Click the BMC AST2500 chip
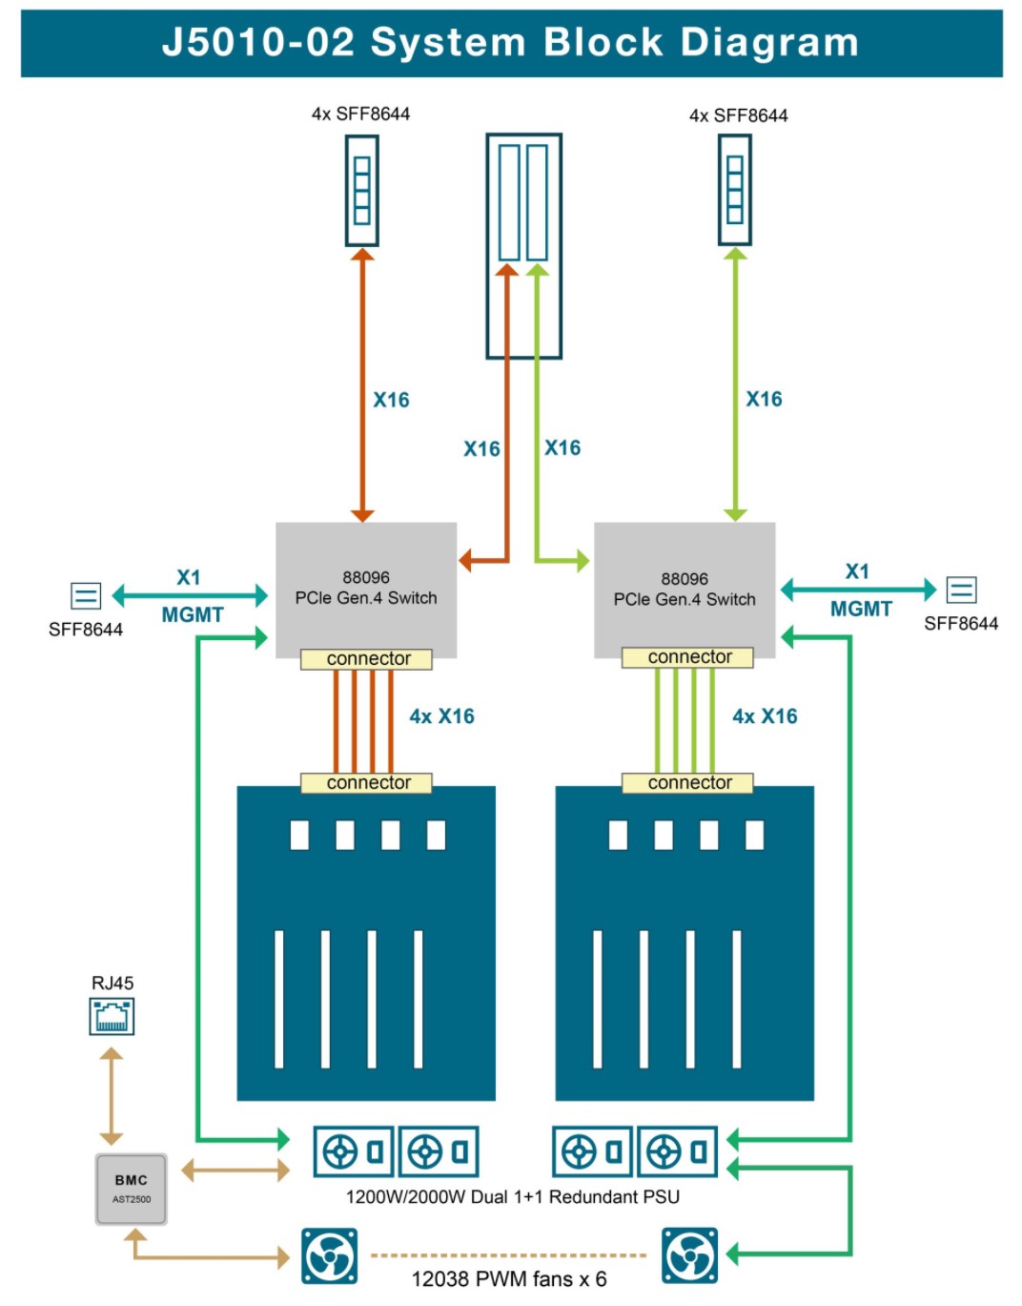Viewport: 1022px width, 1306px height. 131,1189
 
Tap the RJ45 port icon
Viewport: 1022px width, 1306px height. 112,1016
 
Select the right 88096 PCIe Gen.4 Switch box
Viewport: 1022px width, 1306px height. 685,588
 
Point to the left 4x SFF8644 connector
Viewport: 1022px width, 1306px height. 362,191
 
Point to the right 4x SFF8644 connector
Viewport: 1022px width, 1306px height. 735,191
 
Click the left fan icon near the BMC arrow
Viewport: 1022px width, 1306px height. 330,1256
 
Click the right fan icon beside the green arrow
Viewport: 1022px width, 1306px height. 689,1256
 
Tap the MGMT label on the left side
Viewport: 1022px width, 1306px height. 193,615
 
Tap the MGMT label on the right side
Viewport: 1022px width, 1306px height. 861,610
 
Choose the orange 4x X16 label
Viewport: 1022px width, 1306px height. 441,716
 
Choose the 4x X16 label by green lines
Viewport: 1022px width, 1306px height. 765,716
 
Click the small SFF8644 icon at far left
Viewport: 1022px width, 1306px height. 86,596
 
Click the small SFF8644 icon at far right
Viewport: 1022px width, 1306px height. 961,591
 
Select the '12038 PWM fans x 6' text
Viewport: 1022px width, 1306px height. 509,1279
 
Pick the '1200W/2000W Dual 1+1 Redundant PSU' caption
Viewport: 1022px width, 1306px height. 513,1197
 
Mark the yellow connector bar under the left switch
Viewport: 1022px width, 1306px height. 367,659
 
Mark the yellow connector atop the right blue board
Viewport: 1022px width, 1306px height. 687,783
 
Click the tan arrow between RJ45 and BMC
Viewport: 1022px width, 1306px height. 112,1096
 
